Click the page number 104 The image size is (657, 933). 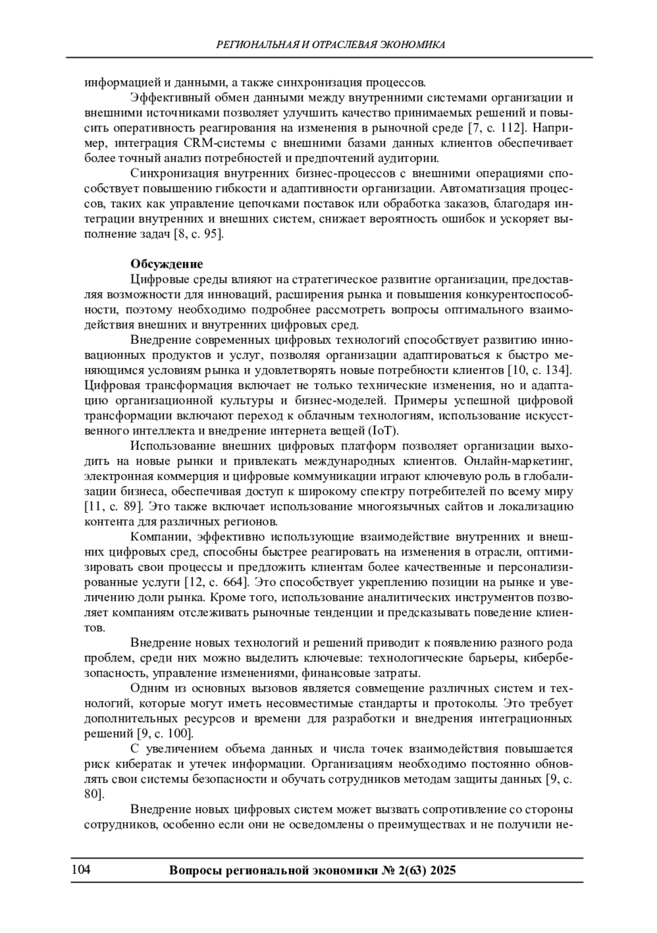pyautogui.click(x=80, y=870)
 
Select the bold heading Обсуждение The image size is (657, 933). pyautogui.click(x=166, y=264)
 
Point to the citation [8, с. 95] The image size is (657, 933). pyautogui.click(x=198, y=234)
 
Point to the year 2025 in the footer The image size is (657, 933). pyautogui.click(x=443, y=871)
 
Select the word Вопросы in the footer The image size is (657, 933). pyautogui.click(x=195, y=871)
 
